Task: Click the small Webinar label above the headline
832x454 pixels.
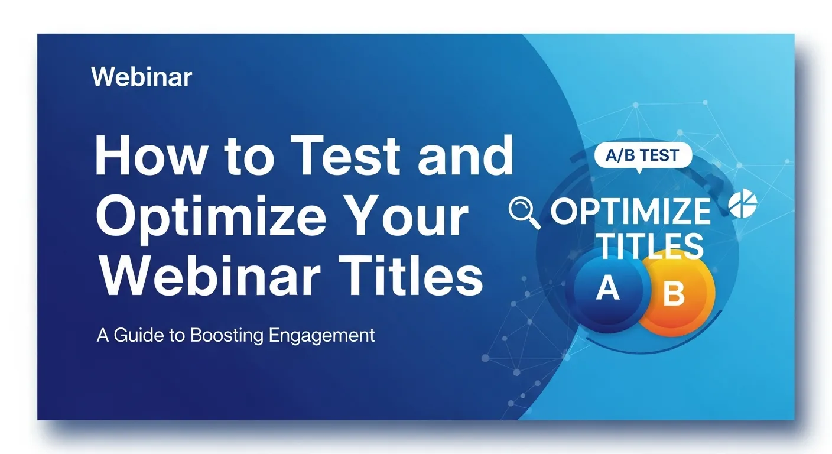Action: click(x=142, y=77)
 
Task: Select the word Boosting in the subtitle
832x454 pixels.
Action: click(x=227, y=336)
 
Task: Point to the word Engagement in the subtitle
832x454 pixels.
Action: click(x=321, y=336)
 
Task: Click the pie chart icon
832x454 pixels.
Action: click(x=743, y=205)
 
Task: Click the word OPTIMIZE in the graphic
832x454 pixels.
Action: click(x=630, y=212)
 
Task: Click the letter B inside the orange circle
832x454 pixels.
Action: click(x=674, y=294)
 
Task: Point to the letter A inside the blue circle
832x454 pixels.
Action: click(x=607, y=289)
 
